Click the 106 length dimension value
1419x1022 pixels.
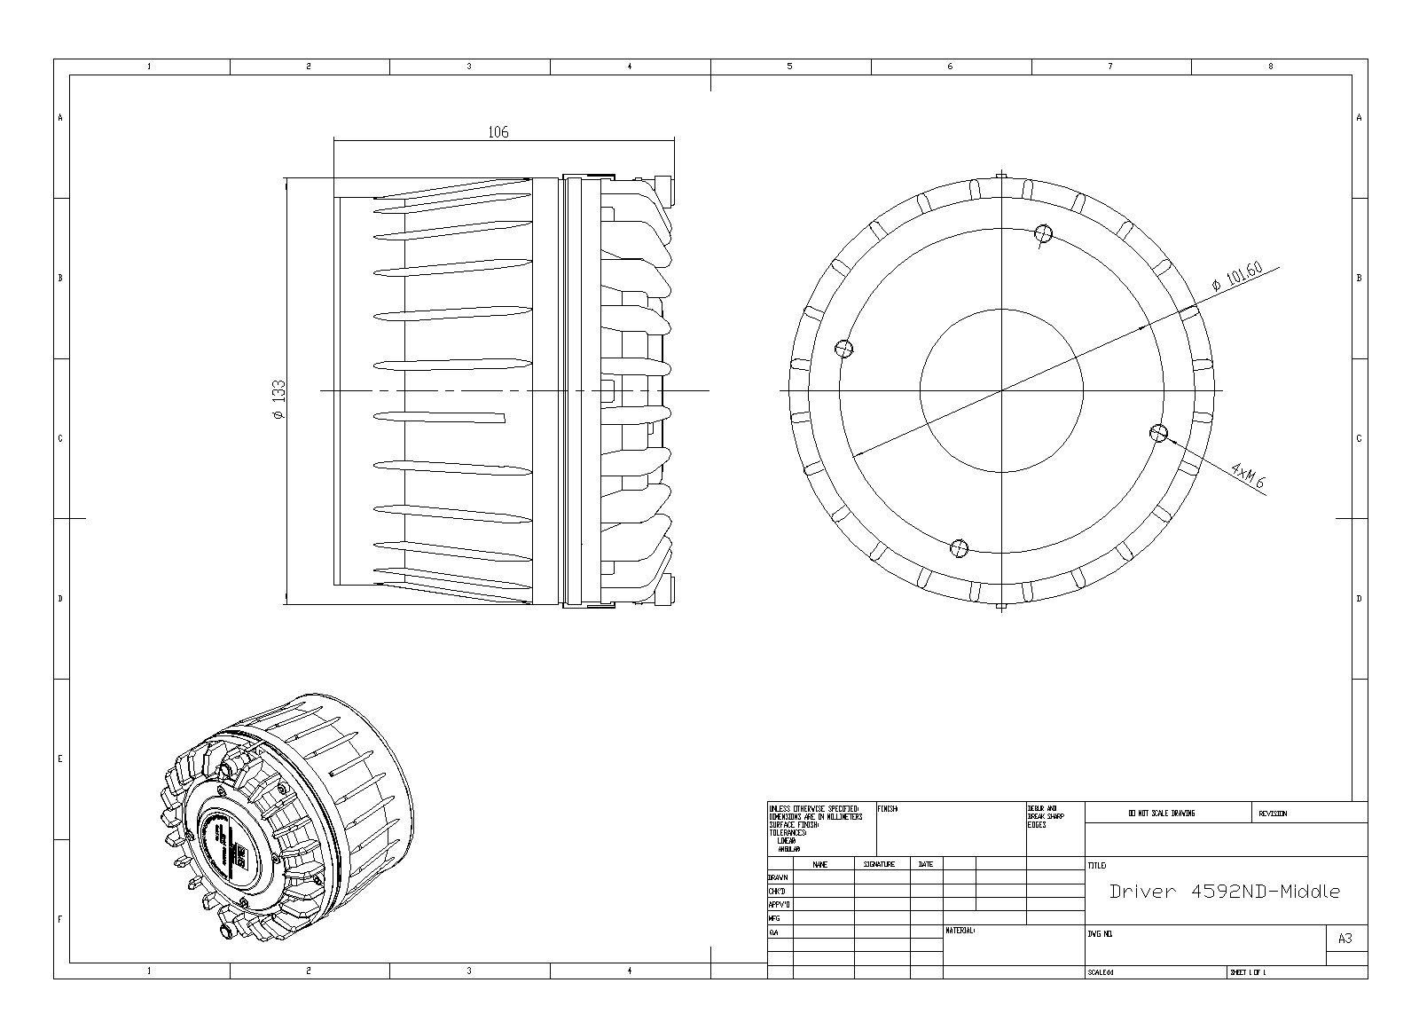pos(498,132)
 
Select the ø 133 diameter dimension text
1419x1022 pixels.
pos(278,400)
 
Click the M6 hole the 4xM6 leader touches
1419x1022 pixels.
pos(1157,433)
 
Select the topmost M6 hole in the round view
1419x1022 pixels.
pos(1043,233)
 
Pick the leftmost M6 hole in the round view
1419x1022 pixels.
pos(845,349)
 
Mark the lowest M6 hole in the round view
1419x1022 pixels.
pos(958,547)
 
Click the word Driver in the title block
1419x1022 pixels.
pos(1141,892)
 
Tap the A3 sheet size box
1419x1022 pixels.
pos(1345,939)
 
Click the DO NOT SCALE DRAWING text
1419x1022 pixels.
pos(1161,814)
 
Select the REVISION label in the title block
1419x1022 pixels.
pos(1273,814)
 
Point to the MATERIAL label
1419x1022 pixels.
pos(960,931)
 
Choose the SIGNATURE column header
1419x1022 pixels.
pos(879,864)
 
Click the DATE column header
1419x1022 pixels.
pos(925,864)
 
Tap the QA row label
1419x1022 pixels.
pos(773,932)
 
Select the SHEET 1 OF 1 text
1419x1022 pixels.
pos(1248,972)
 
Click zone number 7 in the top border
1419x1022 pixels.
pos(1109,67)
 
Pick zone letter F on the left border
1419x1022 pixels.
pos(60,919)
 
